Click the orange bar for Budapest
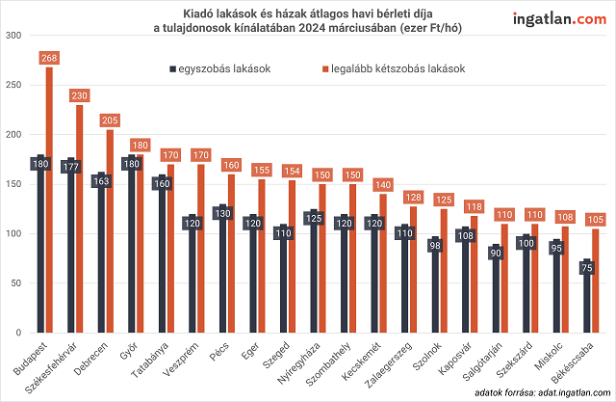coord(49,202)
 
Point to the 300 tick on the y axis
coord(14,36)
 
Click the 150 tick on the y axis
coord(14,184)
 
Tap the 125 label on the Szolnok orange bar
coord(444,200)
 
